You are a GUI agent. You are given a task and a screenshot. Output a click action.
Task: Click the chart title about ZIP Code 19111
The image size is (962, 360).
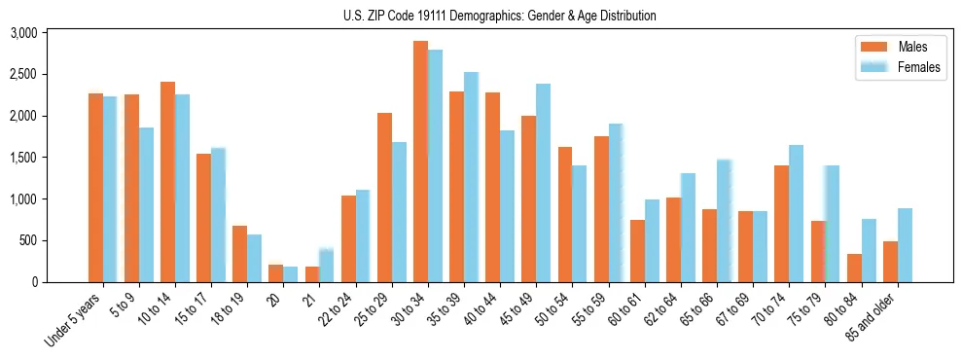click(500, 16)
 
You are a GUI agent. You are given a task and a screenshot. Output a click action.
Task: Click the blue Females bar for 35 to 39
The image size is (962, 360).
click(471, 177)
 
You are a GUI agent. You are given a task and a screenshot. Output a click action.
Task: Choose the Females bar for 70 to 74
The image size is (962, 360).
click(796, 213)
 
